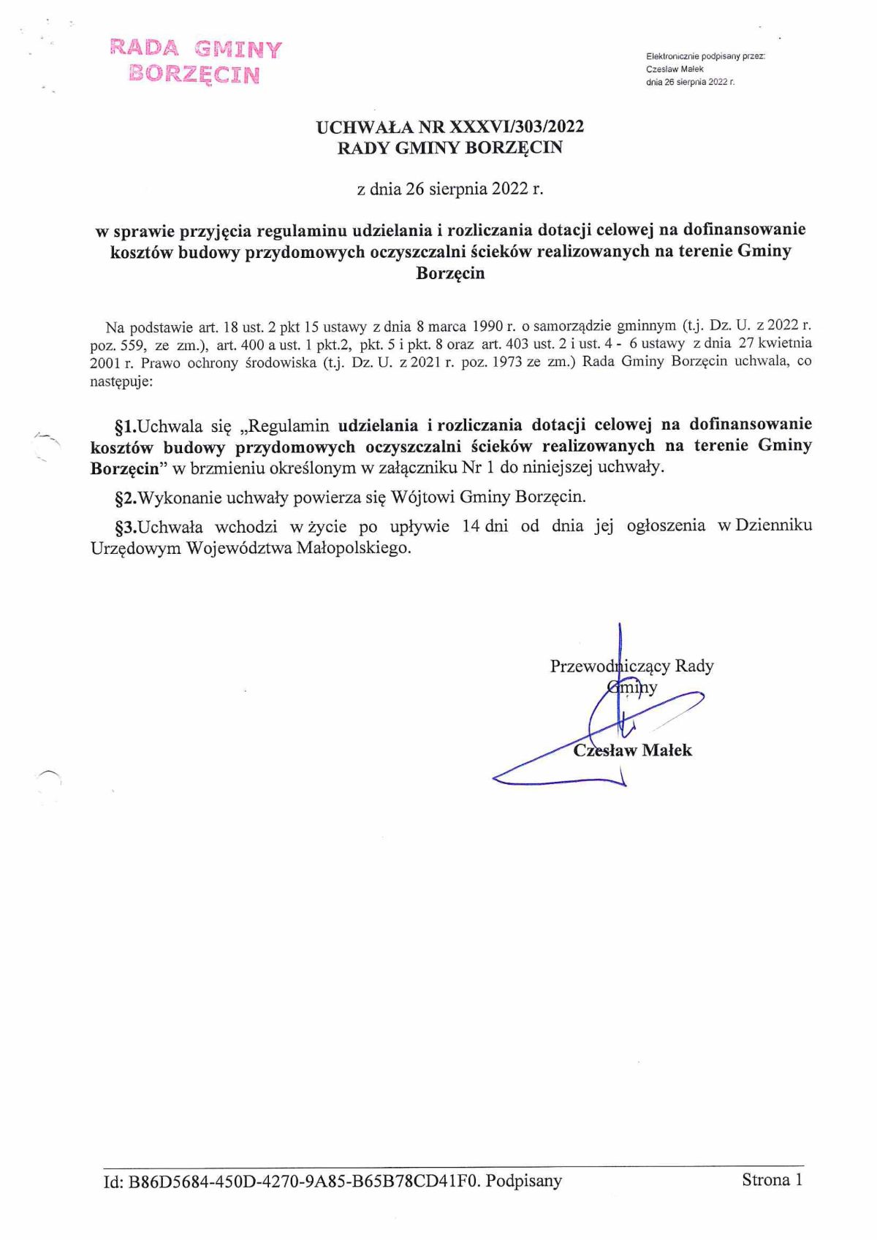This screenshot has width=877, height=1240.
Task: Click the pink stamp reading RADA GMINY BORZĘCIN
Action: (195, 61)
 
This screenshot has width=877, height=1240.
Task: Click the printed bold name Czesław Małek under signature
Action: (632, 750)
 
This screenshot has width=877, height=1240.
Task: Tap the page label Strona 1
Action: (772, 1179)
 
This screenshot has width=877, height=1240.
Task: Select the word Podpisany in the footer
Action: (524, 1181)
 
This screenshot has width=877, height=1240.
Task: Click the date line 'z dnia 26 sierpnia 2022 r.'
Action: (450, 189)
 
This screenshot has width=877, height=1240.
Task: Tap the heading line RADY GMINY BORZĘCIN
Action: (449, 148)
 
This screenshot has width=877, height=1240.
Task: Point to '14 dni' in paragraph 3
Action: (485, 526)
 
